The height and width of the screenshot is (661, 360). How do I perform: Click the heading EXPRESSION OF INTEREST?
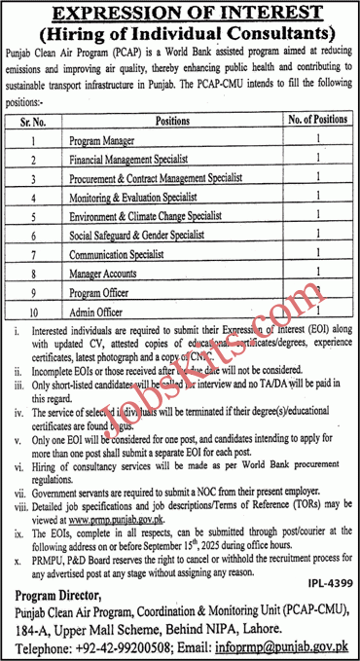pyautogui.click(x=180, y=14)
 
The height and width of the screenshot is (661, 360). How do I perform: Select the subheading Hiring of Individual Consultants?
pyautogui.click(x=180, y=34)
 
